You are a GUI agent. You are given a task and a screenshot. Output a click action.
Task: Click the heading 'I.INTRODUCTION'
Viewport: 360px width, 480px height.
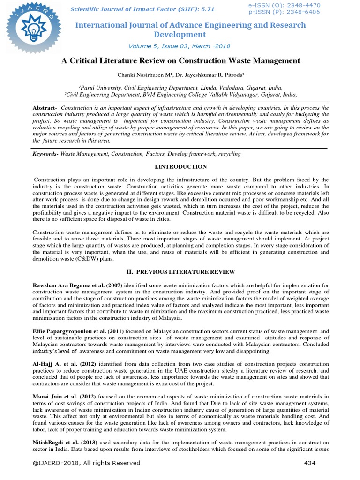[x=180, y=166]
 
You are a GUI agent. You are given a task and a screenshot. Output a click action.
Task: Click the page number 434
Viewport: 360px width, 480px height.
[x=309, y=463]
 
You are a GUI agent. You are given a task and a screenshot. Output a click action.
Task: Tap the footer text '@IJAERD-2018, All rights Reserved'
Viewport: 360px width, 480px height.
[x=86, y=463]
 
